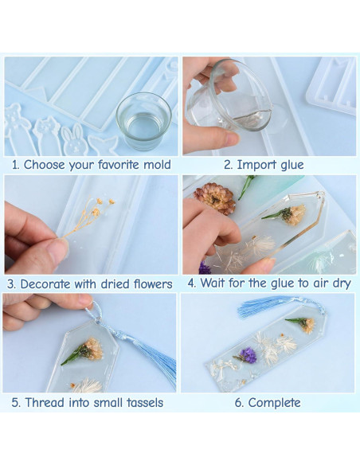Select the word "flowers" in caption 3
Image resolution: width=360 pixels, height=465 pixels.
150,284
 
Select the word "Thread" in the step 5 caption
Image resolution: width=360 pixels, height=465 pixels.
45,403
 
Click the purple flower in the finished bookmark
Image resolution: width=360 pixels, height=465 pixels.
247,355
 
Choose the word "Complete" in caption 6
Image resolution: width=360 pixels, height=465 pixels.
274,403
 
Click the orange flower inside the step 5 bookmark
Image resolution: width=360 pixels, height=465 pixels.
92,349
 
